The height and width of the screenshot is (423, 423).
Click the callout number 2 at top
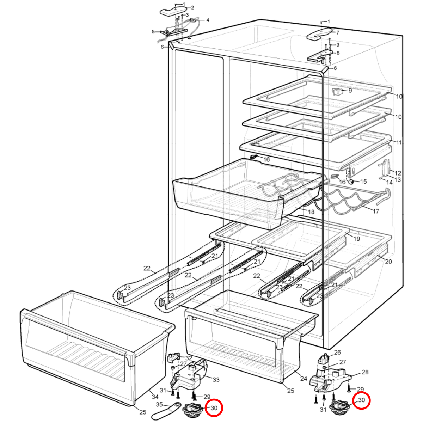coord(192,8)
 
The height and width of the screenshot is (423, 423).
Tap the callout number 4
coord(207,20)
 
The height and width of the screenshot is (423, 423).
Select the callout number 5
coord(153,32)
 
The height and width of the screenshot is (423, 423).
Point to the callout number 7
coord(338,32)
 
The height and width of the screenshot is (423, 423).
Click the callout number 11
coord(398,142)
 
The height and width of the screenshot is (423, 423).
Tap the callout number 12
coord(398,173)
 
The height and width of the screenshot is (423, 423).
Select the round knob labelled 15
coord(351,182)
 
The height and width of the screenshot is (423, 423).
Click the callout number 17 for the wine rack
coord(376,211)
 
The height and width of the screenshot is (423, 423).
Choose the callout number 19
coord(357,239)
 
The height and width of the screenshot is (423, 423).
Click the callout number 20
coord(388,262)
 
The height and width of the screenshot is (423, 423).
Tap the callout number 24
coord(304,379)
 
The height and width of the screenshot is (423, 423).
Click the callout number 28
coord(365,372)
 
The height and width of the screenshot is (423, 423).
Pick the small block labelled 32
coord(173,358)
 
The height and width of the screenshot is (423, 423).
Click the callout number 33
coord(216,380)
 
